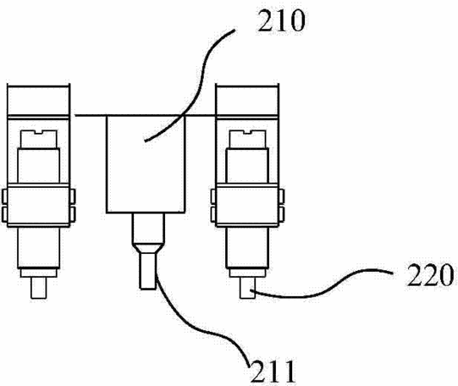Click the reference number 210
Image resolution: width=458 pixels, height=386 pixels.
pyautogui.click(x=281, y=21)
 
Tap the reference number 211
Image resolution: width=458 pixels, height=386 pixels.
pyautogui.click(x=272, y=371)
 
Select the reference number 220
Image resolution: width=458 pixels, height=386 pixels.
pyautogui.click(x=430, y=274)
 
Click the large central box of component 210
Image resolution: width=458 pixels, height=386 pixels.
pyautogui.click(x=146, y=164)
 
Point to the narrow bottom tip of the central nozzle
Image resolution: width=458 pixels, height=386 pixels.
pyautogui.click(x=148, y=271)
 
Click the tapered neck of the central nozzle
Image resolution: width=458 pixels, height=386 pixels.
pyautogui.click(x=148, y=248)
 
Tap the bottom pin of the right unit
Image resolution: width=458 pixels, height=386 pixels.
pyautogui.click(x=247, y=287)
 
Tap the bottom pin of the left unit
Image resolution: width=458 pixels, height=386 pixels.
pyautogui.click(x=39, y=287)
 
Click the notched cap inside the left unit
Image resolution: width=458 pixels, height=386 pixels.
pyautogui.click(x=39, y=139)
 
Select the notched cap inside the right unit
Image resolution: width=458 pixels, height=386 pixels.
pyautogui.click(x=247, y=139)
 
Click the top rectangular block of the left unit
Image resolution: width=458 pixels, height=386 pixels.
pyautogui.click(x=39, y=100)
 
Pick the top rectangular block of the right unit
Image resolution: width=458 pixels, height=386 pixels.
pyautogui.click(x=247, y=100)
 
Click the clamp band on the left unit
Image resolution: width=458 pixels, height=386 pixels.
pyautogui.click(x=39, y=205)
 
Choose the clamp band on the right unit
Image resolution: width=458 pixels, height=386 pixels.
pyautogui.click(x=247, y=205)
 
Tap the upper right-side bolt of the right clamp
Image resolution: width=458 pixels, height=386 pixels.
pyautogui.click(x=282, y=196)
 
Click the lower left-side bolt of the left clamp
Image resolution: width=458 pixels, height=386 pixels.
pyautogui.click(x=4, y=214)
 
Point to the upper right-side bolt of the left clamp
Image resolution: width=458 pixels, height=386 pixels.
pyautogui.click(x=73, y=196)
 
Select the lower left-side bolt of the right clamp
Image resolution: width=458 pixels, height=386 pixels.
pyautogui.click(x=213, y=214)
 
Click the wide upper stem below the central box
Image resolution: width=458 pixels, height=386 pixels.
pyautogui.click(x=148, y=228)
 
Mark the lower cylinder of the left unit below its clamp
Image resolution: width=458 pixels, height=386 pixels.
pyautogui.click(x=39, y=247)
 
